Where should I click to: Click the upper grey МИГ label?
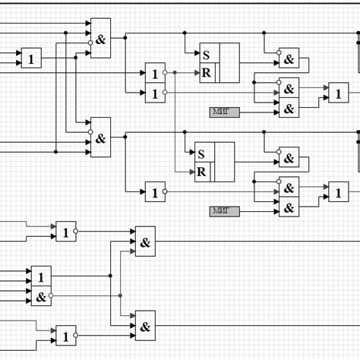(224, 112)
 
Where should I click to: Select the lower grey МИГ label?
(224, 210)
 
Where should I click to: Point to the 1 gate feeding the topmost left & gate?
(31, 58)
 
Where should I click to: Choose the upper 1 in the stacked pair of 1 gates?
(155, 74)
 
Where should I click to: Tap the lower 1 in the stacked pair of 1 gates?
(155, 93)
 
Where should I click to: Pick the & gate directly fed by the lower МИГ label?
(289, 207)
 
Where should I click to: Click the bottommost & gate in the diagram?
(145, 325)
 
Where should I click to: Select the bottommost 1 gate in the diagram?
(65, 336)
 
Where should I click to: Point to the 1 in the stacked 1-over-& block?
(41, 276)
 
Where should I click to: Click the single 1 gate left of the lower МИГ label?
(155, 193)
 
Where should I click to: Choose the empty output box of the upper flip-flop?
(229, 62)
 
